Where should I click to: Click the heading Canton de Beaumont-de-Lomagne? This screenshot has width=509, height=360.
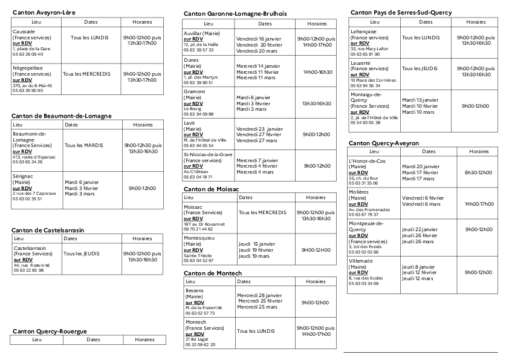62,116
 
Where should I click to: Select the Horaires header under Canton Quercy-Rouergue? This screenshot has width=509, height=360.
144,340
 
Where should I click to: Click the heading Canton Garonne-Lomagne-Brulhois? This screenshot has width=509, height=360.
235,13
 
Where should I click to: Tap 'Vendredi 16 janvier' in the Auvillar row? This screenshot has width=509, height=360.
259,39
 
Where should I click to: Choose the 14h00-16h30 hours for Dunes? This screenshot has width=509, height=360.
317,72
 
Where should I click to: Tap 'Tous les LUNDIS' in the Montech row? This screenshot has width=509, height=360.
256,331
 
